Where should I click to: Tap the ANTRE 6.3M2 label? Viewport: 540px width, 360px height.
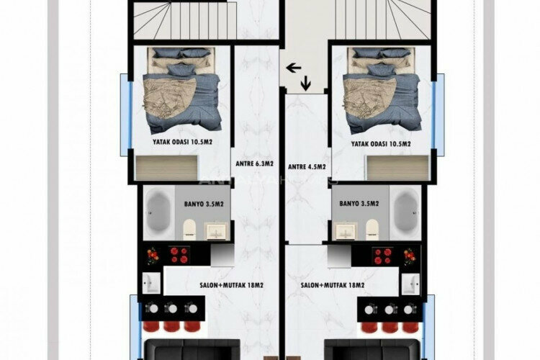coord(255,164)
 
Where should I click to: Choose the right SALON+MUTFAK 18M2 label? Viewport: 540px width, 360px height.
coord(333,285)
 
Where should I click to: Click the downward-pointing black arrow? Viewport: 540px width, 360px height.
coord(306,84)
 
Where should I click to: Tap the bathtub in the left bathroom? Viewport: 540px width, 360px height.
coord(157,213)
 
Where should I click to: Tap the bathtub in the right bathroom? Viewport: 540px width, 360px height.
coord(405,213)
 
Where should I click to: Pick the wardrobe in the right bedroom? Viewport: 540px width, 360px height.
coord(397,168)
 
